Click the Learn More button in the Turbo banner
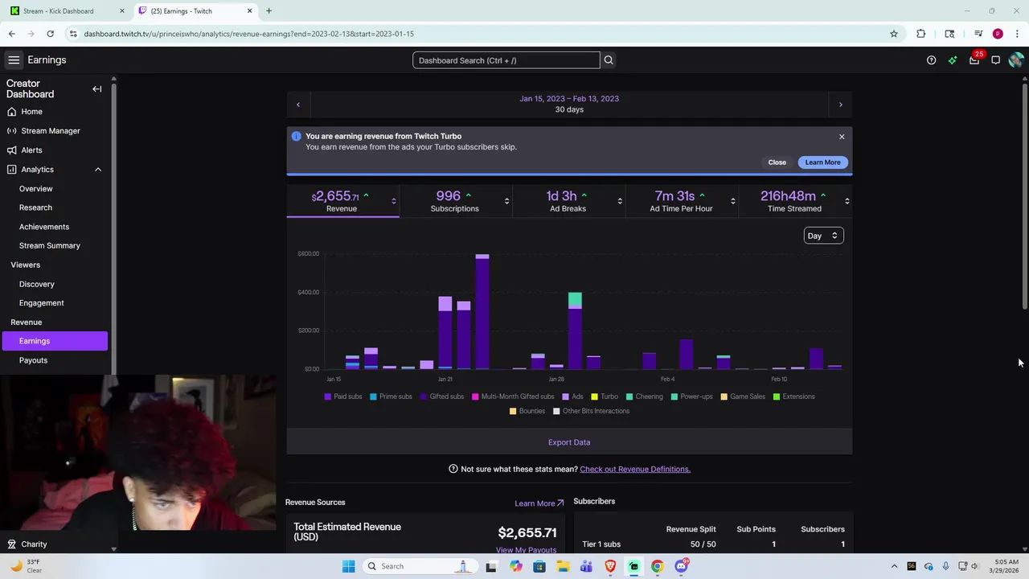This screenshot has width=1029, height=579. pyautogui.click(x=822, y=162)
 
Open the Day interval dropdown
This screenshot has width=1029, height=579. pyautogui.click(x=822, y=236)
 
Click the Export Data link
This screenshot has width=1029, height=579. pyautogui.click(x=568, y=442)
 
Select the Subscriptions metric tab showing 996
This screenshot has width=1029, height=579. pyautogui.click(x=454, y=201)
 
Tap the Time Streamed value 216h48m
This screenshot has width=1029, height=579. pyautogui.click(x=788, y=196)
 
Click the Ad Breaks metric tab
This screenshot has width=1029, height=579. pyautogui.click(x=568, y=201)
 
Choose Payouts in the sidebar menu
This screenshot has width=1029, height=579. pyautogui.click(x=33, y=360)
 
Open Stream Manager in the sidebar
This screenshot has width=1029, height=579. pyautogui.click(x=51, y=130)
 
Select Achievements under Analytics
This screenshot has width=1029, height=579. pyautogui.click(x=44, y=227)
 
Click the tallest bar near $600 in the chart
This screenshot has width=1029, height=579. pyautogui.click(x=482, y=314)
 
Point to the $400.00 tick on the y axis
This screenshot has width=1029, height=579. pyautogui.click(x=308, y=292)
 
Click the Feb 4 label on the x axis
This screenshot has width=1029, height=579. pyautogui.click(x=667, y=379)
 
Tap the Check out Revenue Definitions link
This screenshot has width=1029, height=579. pyautogui.click(x=634, y=469)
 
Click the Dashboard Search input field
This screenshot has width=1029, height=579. pyautogui.click(x=506, y=60)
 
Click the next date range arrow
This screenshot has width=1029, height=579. pyautogui.click(x=840, y=105)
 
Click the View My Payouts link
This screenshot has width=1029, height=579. pyautogui.click(x=526, y=550)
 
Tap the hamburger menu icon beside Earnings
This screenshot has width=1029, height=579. pyautogui.click(x=14, y=60)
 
